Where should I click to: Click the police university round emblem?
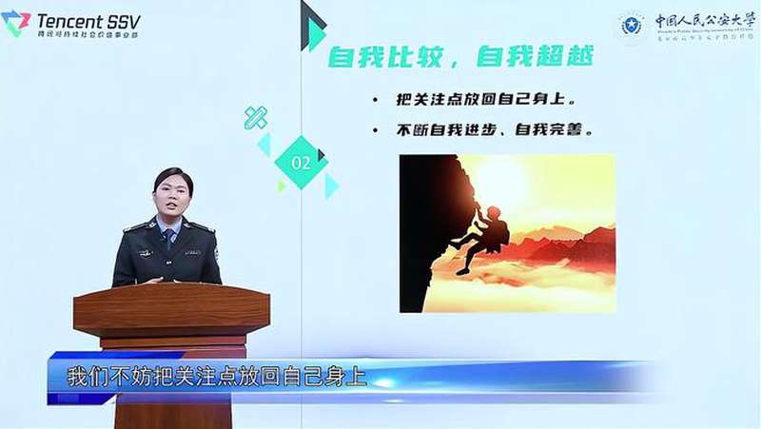tap(631, 26)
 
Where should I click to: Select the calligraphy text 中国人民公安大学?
tap(698, 21)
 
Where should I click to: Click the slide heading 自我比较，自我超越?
tap(461, 57)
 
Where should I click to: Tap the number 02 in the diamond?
tap(301, 163)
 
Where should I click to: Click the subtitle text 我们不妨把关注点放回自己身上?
tap(216, 376)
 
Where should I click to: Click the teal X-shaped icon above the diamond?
tap(255, 118)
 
